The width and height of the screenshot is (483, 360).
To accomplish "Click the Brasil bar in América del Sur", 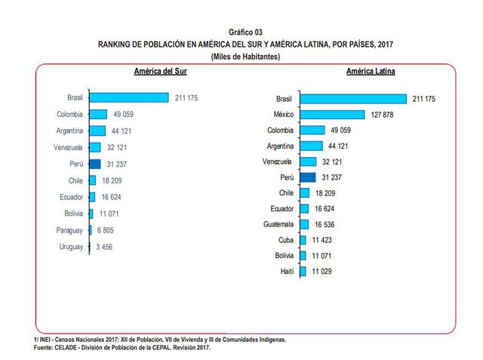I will click(128, 97).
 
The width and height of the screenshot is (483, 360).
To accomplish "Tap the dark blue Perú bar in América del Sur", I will click(95, 163).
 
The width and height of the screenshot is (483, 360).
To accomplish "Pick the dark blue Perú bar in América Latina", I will click(307, 177).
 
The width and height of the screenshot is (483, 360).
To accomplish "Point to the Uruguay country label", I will click(72, 247).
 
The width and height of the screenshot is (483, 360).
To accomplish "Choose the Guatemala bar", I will click(304, 224).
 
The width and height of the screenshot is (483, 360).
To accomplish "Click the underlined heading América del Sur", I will click(155, 72).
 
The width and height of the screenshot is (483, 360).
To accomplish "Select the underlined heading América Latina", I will click(372, 72).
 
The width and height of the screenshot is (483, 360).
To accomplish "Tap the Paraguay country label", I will click(69, 230).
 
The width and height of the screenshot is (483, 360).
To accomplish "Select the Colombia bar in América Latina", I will click(312, 131).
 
